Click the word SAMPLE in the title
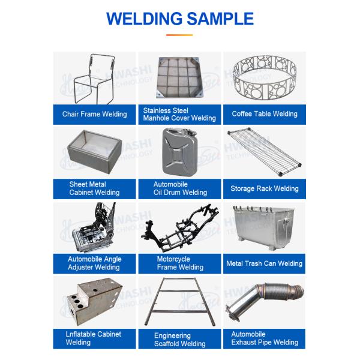click(x=220, y=19)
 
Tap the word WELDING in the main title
click(x=145, y=19)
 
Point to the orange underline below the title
click(x=179, y=35)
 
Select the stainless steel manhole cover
click(x=180, y=77)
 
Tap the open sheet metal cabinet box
click(x=95, y=152)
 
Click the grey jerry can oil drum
click(x=180, y=152)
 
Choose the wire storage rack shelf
click(x=264, y=152)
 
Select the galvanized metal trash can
click(x=264, y=228)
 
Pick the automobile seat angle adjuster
click(x=94, y=228)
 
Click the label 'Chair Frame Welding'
click(x=94, y=114)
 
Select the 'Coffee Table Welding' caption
click(x=265, y=114)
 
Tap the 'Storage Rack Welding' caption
click(x=265, y=188)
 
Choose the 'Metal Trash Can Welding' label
click(x=264, y=263)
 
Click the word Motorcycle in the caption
click(x=173, y=259)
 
